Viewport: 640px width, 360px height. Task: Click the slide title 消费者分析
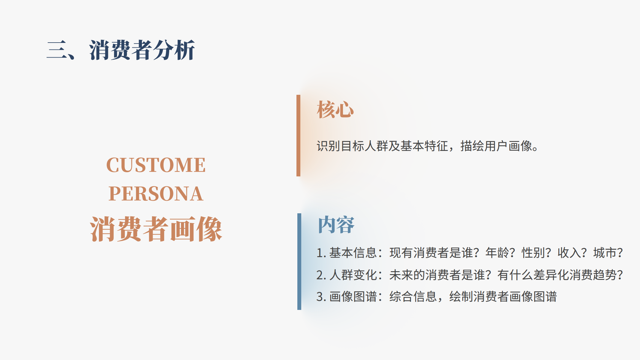[x=142, y=50]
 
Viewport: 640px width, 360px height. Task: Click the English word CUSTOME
[x=156, y=165]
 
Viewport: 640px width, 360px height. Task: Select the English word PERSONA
[x=156, y=193]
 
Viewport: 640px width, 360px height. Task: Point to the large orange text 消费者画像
[x=156, y=229]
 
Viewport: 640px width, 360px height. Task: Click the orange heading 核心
[x=335, y=109]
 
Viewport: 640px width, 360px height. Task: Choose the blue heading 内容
[x=336, y=225]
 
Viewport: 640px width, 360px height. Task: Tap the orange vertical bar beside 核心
[x=298, y=136]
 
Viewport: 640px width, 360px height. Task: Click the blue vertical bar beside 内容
[x=299, y=262]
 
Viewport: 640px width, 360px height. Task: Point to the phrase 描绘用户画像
[x=496, y=146]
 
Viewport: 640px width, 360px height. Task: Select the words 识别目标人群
[x=353, y=146]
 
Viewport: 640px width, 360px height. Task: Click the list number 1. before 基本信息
[x=321, y=253]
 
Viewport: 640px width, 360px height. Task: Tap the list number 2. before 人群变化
[x=321, y=275]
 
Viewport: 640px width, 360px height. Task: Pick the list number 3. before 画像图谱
[x=321, y=297]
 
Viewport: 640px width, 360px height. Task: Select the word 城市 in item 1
[x=605, y=253]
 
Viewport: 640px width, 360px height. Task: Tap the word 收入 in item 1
[x=569, y=253]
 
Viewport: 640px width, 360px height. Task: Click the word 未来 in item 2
[x=401, y=275]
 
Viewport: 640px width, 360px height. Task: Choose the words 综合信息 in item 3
[x=413, y=297]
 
